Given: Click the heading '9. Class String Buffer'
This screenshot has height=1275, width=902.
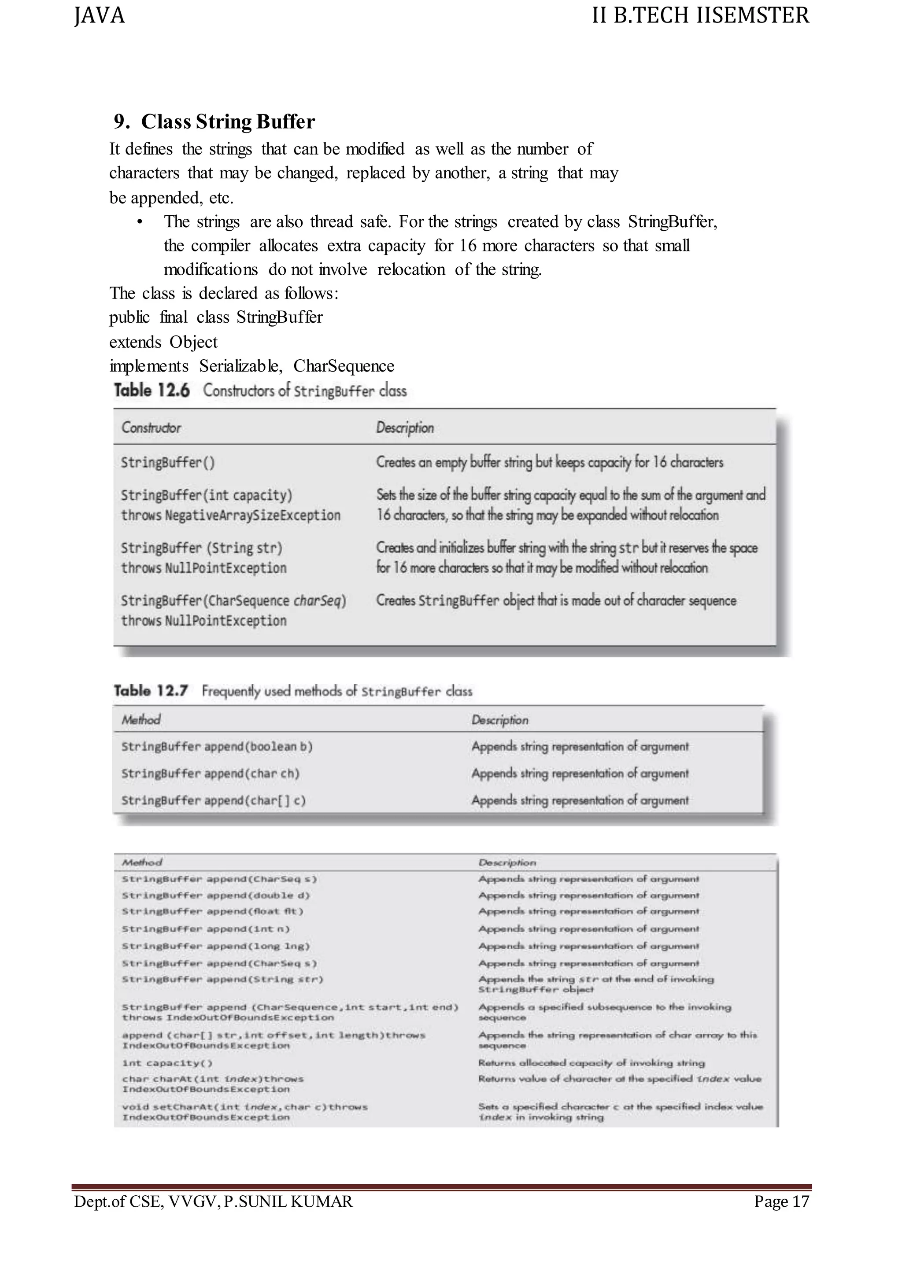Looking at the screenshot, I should pyautogui.click(x=214, y=122).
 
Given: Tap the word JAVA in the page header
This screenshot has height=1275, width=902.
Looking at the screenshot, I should pyautogui.click(x=100, y=15).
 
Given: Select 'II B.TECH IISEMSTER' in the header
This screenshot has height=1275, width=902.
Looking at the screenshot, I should pyautogui.click(x=700, y=15).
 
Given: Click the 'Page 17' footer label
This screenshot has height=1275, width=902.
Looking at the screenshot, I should pyautogui.click(x=781, y=1201).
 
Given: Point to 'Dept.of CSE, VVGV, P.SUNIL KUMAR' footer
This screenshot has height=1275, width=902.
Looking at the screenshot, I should pyautogui.click(x=213, y=1201).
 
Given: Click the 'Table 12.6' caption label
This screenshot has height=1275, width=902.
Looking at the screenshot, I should pyautogui.click(x=152, y=391).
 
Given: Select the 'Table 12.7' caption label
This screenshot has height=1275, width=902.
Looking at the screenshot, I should pyautogui.click(x=151, y=691).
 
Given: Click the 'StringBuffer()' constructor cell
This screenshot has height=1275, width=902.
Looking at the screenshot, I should pyautogui.click(x=168, y=462).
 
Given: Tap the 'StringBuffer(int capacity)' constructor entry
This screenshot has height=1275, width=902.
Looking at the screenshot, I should pyautogui.click(x=207, y=495).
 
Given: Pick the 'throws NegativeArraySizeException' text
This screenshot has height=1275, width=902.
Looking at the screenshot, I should pyautogui.click(x=230, y=516).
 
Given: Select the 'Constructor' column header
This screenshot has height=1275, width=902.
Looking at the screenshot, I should pyautogui.click(x=151, y=427).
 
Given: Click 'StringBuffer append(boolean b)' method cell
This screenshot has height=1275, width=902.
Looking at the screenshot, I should pyautogui.click(x=217, y=747).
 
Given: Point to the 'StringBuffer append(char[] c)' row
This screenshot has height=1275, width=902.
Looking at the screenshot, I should pyautogui.click(x=213, y=800).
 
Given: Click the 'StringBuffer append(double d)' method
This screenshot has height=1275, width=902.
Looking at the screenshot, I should pyautogui.click(x=215, y=895).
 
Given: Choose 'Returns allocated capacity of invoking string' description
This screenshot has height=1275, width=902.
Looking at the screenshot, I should pyautogui.click(x=591, y=1063).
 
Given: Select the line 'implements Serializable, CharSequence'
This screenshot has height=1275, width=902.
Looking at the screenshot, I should pyautogui.click(x=251, y=366).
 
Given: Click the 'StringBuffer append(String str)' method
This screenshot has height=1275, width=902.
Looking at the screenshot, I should pyautogui.click(x=222, y=979).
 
